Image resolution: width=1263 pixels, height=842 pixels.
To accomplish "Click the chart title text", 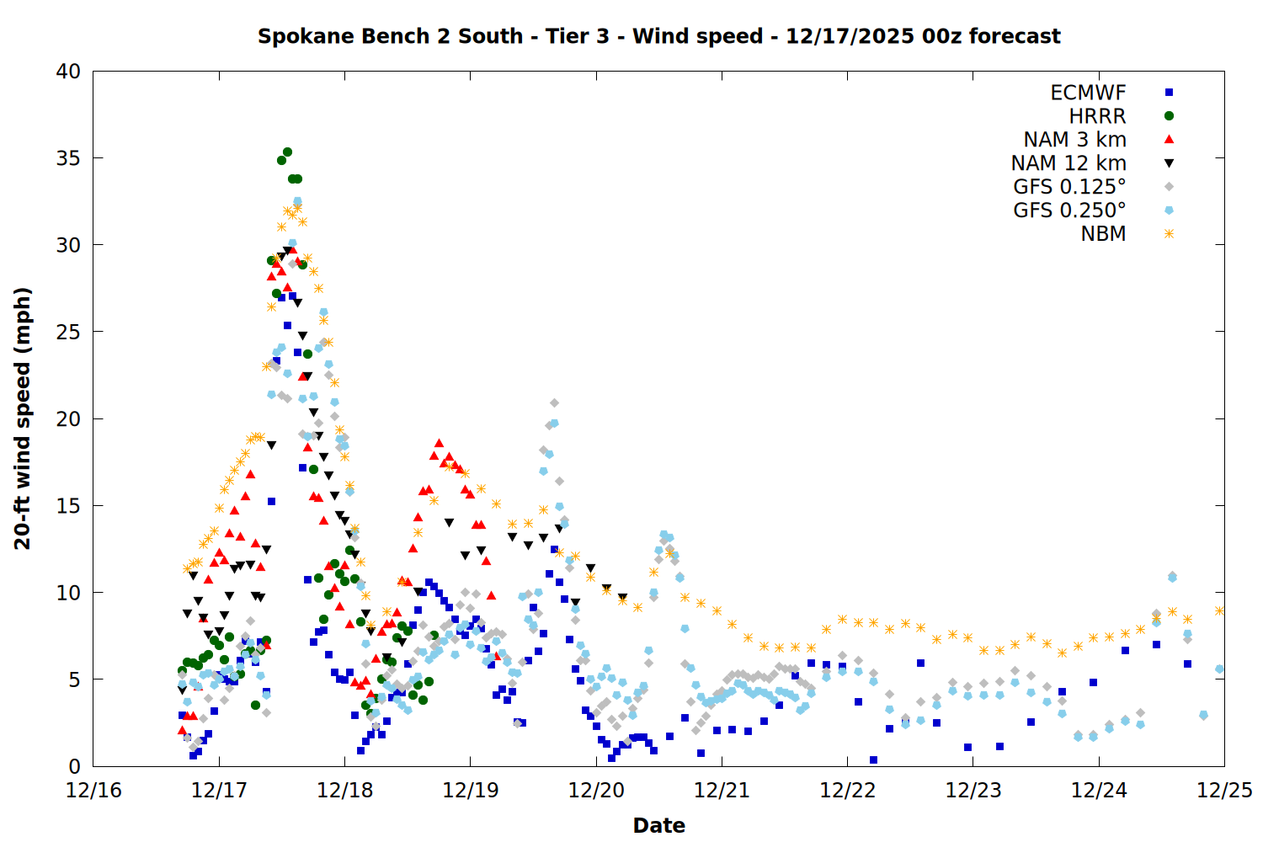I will click(658, 36).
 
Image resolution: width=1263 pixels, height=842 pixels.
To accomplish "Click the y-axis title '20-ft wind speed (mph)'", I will click(23, 418).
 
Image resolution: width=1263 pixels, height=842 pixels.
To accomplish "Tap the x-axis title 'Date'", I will click(658, 825).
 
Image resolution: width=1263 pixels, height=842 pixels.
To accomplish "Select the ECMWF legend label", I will click(1088, 93).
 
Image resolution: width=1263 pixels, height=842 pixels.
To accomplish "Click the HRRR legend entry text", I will click(1097, 116).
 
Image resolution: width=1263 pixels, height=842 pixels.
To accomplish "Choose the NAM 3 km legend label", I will click(1074, 140).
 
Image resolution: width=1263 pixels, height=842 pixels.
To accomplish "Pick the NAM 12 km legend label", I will click(1068, 163).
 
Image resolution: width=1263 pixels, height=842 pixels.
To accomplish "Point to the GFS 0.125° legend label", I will click(1069, 187).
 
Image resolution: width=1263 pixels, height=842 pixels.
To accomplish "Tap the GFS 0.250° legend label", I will click(1069, 210).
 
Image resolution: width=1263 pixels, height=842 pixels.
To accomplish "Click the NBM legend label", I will click(1103, 234).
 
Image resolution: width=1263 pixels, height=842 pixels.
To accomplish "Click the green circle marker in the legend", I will click(1169, 116).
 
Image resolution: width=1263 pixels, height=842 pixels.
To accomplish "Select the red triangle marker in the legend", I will click(1169, 139).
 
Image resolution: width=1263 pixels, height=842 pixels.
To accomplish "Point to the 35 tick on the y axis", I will click(69, 158).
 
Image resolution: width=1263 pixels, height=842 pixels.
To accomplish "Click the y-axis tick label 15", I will click(69, 506).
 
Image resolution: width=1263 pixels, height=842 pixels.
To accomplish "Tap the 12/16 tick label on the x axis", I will click(93, 791).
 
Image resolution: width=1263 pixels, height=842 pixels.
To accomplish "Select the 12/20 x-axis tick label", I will click(596, 791).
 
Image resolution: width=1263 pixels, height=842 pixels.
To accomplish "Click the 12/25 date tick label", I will click(1223, 791).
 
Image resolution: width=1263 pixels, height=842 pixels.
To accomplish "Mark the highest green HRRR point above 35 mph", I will click(287, 152).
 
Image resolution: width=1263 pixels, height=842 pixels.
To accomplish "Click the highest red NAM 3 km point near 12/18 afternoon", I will click(439, 443).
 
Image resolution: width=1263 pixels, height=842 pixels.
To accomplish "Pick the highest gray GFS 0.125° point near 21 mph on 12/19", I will click(554, 403).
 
